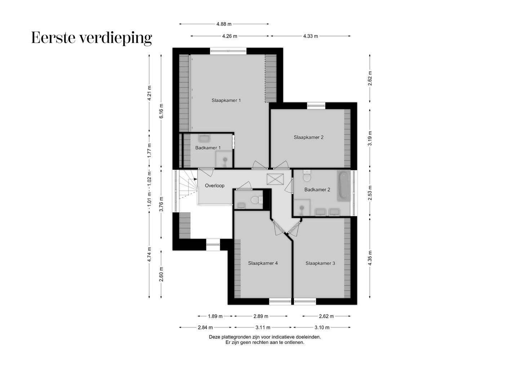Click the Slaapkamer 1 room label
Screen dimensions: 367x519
(x=226, y=100)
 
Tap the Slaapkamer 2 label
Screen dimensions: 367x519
(x=308, y=137)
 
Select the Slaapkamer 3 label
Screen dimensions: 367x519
(x=320, y=263)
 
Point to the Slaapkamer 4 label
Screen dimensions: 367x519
(x=263, y=263)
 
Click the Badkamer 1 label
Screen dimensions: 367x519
(x=208, y=148)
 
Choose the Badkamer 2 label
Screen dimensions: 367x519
(x=317, y=190)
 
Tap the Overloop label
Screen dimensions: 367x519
(x=214, y=186)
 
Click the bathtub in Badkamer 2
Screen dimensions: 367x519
(x=344, y=186)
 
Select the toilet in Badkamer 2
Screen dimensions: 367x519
(x=307, y=176)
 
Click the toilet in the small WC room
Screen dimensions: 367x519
(x=256, y=200)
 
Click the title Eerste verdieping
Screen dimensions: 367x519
(x=92, y=38)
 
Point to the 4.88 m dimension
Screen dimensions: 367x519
(x=224, y=24)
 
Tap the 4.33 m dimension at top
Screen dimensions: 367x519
(x=310, y=36)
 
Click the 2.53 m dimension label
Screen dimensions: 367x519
(x=370, y=193)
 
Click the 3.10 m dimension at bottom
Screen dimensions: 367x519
(x=322, y=327)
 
